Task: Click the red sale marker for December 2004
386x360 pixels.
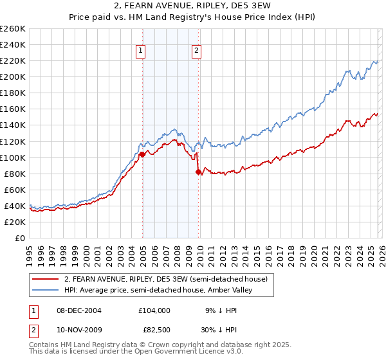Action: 142,154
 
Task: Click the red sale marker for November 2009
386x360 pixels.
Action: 198,172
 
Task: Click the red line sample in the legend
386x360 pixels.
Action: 46,279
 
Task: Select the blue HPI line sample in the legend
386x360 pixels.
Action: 46,290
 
